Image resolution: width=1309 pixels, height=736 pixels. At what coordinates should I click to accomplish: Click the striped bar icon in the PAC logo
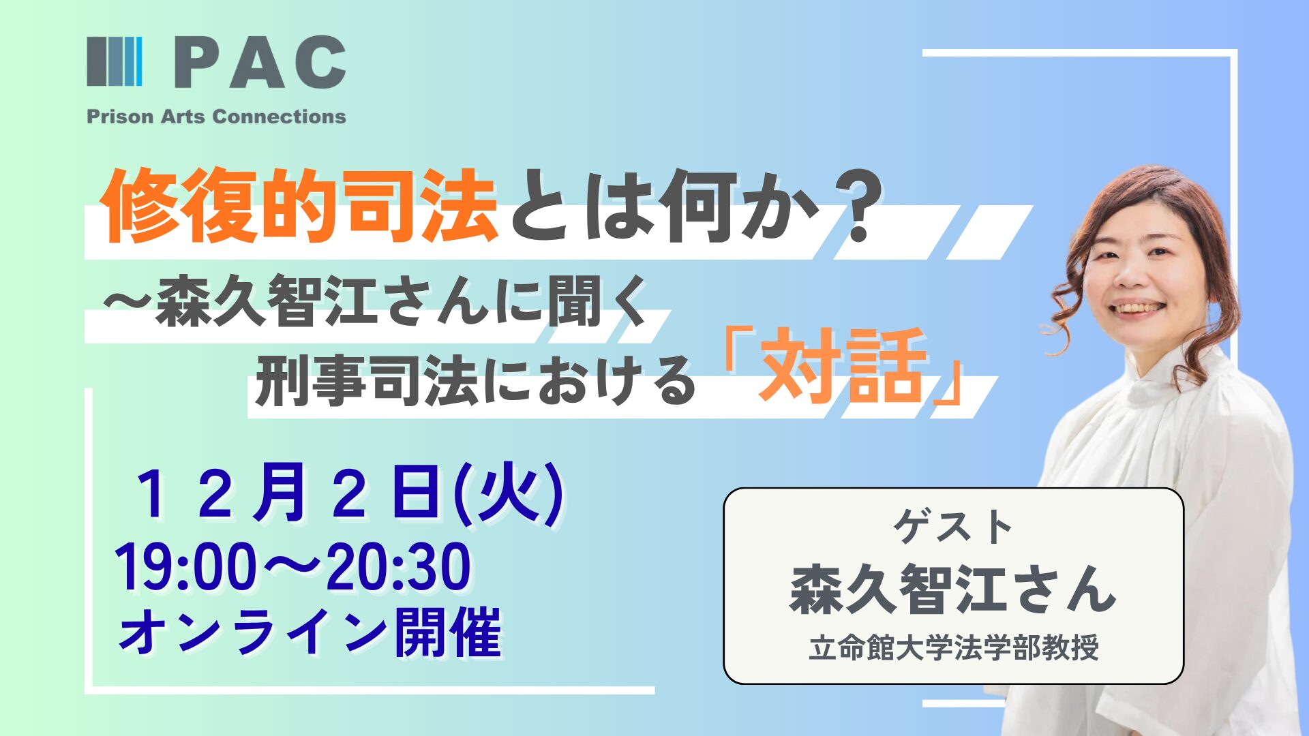tap(115, 61)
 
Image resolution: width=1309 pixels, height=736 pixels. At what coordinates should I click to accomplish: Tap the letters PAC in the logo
tap(260, 62)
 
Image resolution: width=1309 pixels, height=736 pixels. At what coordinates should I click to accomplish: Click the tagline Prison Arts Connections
tap(216, 117)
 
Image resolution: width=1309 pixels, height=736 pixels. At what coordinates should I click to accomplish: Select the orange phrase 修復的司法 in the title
tap(300, 204)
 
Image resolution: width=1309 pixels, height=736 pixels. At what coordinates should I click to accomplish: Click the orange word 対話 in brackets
tap(843, 366)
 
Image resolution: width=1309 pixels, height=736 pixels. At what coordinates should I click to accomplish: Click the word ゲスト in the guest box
tap(953, 527)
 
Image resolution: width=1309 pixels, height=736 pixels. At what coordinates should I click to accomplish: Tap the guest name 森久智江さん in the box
tap(953, 589)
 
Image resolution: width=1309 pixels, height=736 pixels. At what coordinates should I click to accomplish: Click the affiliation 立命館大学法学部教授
tap(954, 647)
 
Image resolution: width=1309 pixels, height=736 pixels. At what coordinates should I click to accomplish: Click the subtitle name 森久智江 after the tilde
tap(267, 301)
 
